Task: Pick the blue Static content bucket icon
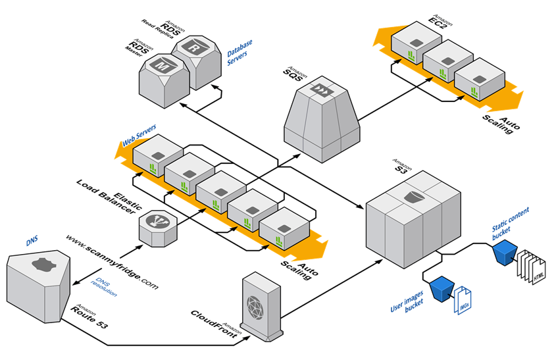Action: (x=504, y=250)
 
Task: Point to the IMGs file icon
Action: (x=462, y=299)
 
